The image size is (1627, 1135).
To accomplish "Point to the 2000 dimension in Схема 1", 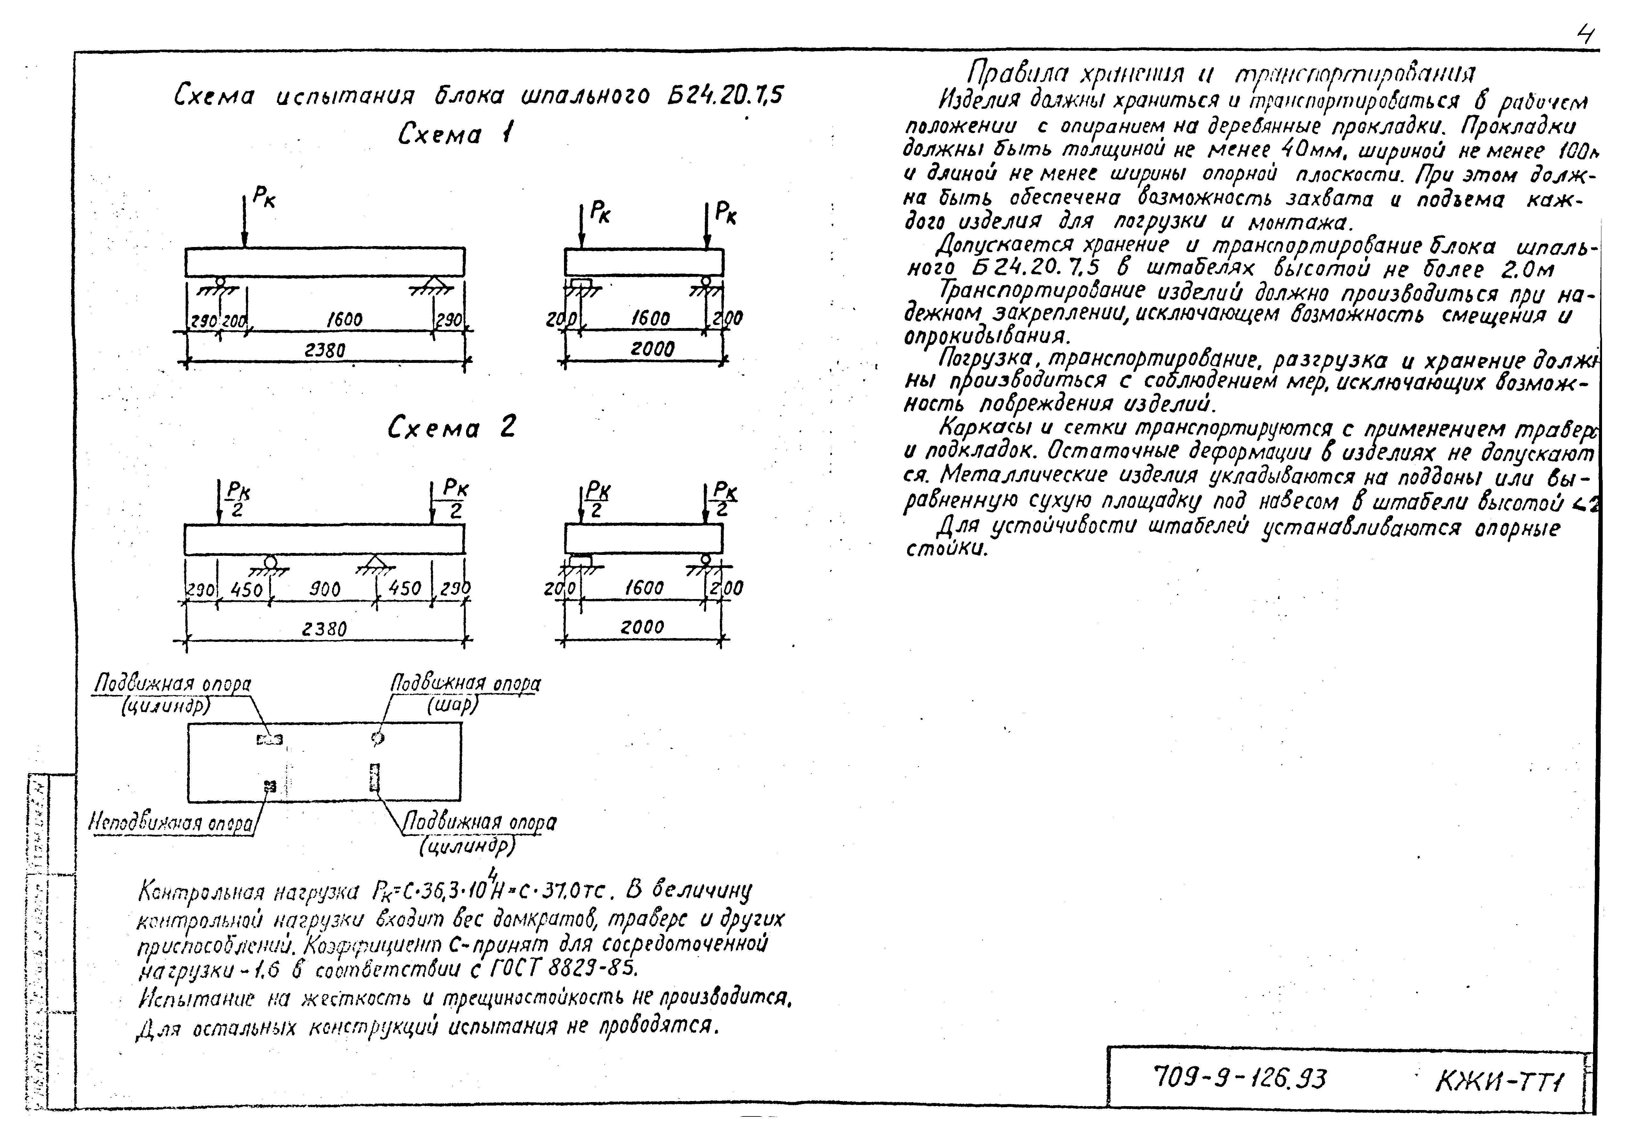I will (652, 348).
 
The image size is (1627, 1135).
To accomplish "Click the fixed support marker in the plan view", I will (269, 785).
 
